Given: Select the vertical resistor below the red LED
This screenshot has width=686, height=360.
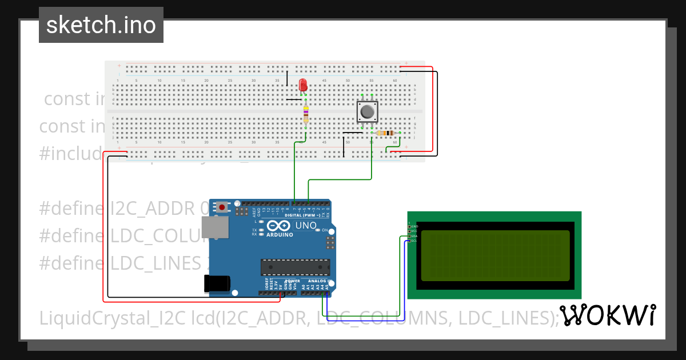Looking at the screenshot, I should coord(306,114).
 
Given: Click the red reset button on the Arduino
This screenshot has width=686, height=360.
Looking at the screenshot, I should coord(221,207).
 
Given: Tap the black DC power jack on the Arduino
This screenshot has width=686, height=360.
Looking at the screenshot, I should coord(218,282).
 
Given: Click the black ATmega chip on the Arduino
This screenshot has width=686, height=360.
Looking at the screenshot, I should coord(295,267).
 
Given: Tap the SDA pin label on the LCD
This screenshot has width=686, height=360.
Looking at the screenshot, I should coord(414,236).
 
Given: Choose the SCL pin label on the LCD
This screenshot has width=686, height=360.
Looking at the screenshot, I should coord(414,241).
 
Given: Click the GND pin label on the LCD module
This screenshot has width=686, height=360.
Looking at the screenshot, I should coord(414,227).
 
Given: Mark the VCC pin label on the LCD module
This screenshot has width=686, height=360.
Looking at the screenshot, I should coord(414,231).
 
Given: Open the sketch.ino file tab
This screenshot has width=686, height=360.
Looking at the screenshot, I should coord(101,25).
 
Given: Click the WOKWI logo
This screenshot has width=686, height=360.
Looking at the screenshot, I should coord(607,315).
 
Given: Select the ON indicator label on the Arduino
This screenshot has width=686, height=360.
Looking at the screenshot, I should coord(324,230).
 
